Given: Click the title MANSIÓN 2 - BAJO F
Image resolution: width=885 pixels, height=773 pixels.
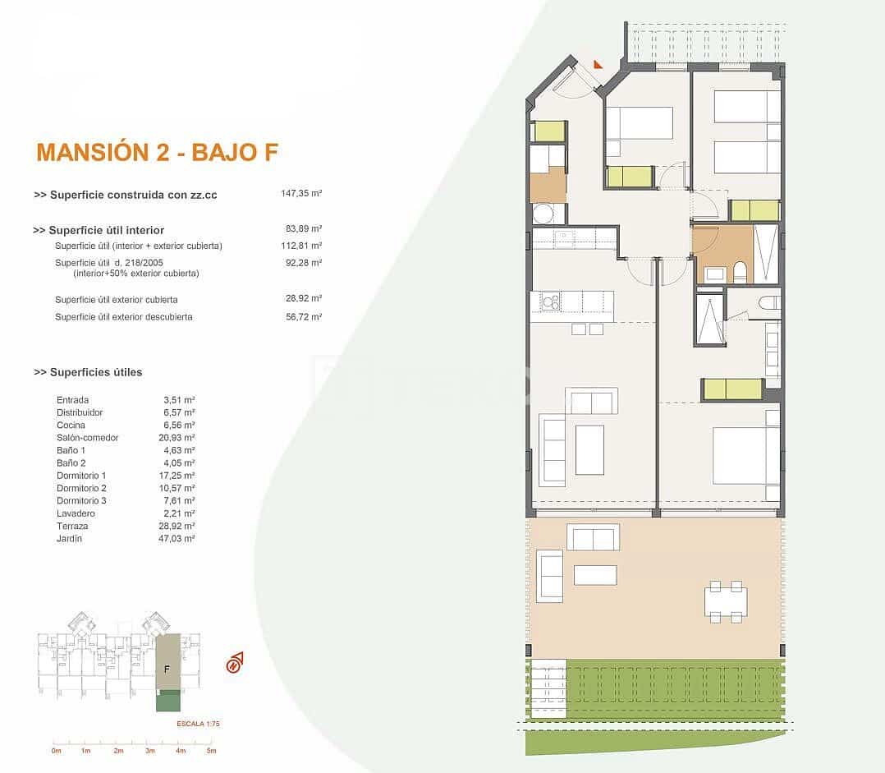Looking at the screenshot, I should pos(158,152).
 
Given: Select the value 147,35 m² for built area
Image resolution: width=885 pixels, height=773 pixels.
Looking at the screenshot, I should pos(300,195).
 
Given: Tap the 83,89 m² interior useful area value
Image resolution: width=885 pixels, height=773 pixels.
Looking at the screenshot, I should pos(304,230).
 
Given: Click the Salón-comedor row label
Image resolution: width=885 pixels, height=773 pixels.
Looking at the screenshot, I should pos(87,438).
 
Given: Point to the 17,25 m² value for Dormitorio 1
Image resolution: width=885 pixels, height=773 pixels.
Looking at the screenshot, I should pos(179,476).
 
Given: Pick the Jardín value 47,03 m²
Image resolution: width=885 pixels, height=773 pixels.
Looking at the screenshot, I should pos(179,539).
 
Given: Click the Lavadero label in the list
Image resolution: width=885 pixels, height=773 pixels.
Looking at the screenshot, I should pos(75,513).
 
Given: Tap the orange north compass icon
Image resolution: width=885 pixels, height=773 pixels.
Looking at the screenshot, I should pos(235,663).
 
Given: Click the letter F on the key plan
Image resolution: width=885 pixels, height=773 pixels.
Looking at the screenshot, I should pos(167,669).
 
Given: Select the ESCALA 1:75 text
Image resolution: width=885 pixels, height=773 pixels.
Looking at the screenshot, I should pos(198,724).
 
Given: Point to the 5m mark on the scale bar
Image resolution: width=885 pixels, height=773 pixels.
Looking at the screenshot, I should pos(211,751).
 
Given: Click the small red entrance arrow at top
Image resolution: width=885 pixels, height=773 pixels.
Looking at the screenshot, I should pos(598,63).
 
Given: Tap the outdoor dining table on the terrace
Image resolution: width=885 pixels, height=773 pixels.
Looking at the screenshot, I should pos(726,602).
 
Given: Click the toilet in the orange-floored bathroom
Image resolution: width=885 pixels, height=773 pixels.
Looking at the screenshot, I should pos(740,271).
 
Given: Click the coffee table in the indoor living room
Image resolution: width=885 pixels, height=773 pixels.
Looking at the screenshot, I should pos(589,449).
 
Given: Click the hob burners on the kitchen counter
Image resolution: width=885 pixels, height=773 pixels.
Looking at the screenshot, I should pos(549,303).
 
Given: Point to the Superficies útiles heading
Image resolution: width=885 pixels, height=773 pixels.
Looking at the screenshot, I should pos(89,372).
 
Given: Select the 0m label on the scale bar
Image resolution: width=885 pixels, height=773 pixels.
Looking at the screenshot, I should pos(56,751).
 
